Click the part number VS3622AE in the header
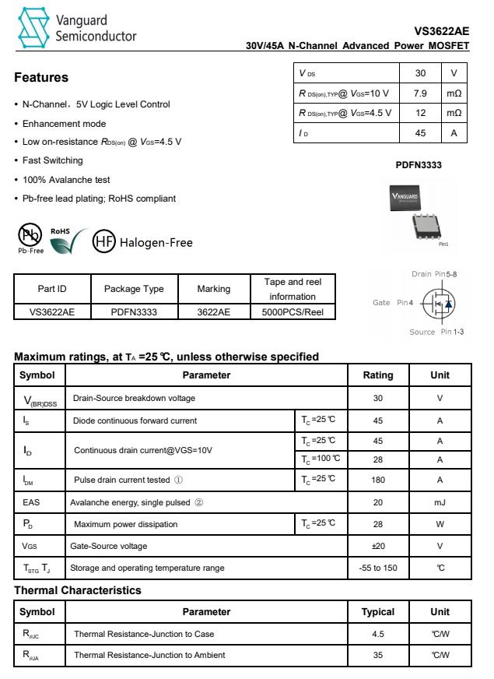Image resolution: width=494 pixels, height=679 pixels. click(442, 31)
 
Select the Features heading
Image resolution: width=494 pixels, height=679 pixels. click(41, 78)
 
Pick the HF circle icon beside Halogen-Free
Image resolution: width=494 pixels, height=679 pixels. click(104, 241)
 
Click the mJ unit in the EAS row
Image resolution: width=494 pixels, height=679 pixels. click(440, 502)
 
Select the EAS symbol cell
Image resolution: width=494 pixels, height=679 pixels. click(41, 502)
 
